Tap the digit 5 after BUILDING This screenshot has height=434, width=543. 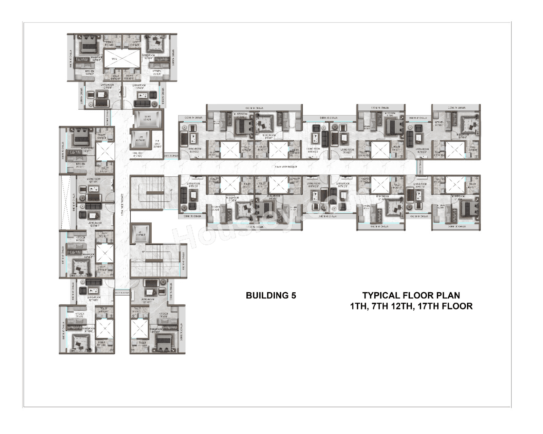point(294,296)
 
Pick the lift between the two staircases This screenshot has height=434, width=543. point(138,233)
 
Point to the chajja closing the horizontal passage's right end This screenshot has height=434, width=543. point(420,167)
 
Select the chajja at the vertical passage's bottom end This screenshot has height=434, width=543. point(122,292)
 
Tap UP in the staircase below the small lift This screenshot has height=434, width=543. point(144,252)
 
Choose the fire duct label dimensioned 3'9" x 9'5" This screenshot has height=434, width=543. point(157,144)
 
